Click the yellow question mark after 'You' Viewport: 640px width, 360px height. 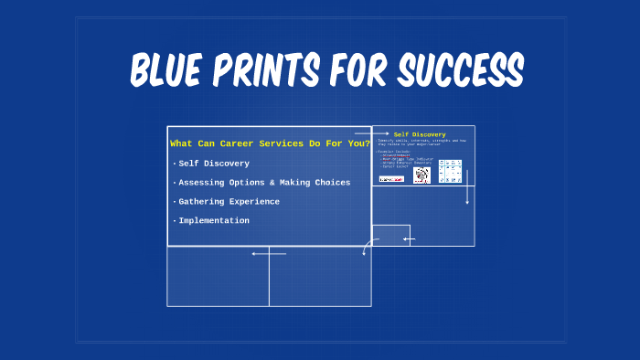(x=367, y=143)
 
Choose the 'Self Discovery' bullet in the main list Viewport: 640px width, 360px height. (x=213, y=164)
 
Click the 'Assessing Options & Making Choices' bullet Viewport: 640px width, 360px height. (x=263, y=183)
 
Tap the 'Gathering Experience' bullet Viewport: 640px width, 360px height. (x=229, y=202)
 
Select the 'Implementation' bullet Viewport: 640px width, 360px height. (x=213, y=221)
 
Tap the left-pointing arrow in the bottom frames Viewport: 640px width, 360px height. (x=269, y=254)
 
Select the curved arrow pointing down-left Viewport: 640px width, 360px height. (x=368, y=246)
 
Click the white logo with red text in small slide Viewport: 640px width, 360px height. (x=391, y=179)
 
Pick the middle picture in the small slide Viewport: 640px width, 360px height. (x=421, y=175)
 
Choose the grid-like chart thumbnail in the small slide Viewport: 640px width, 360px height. (x=450, y=172)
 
